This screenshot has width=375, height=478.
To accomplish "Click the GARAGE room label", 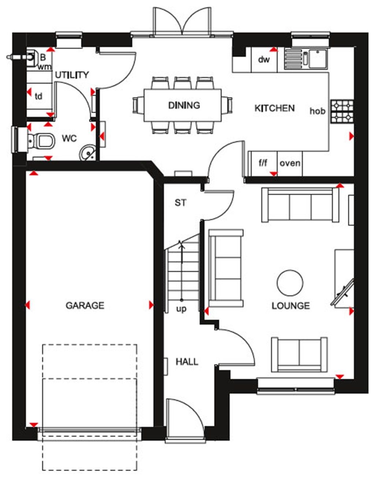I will coord(85,305).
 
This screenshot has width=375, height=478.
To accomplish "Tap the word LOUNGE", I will coord(290,305).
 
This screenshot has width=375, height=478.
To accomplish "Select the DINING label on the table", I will coord(184,105).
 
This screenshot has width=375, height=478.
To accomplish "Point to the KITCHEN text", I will coord(274,108).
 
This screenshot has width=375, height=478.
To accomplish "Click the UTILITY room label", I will coord(72,75).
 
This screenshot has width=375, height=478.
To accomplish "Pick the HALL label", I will coord(187,362).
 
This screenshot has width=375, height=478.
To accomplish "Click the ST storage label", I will coord(180,203).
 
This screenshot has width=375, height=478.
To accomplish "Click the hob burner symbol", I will coord(342,111).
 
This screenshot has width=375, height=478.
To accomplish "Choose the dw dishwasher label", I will coord(264,59).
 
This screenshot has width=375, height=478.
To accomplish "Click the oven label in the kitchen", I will coord(290,163).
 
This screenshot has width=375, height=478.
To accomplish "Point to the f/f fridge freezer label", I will coord(263,163).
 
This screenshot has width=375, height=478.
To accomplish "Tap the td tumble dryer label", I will coord(38,96).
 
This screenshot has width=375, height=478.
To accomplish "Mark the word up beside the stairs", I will coord(181,309).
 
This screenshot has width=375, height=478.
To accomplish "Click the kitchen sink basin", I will coord(318,59).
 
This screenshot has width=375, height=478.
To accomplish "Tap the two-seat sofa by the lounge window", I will coord(299,355).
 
